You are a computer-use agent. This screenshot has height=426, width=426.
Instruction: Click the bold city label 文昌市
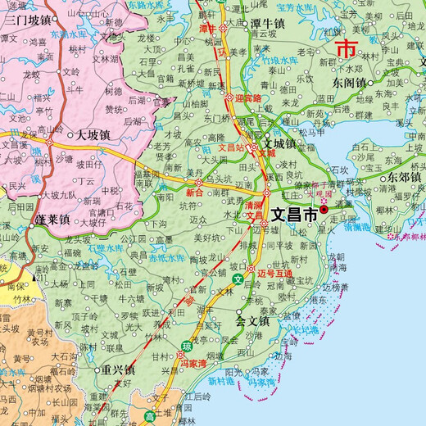[x=294, y=216]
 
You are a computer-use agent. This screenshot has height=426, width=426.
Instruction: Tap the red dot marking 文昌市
[x=324, y=210]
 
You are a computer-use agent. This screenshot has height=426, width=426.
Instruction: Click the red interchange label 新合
[x=195, y=193]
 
